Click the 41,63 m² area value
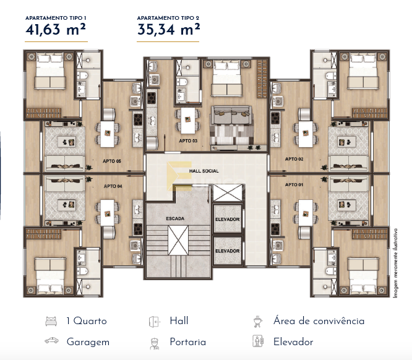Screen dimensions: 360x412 pyautogui.click(x=56, y=29)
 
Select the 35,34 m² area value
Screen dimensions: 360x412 pyautogui.click(x=168, y=29)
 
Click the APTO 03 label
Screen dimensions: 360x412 pyautogui.click(x=188, y=141)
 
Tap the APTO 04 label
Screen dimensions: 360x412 pyautogui.click(x=113, y=186)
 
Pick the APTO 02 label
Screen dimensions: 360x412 pyautogui.click(x=294, y=159)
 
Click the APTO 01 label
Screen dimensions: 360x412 pyautogui.click(x=294, y=185)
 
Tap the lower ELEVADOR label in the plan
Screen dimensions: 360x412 pyautogui.click(x=227, y=251)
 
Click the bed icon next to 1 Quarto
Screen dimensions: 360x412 pyautogui.click(x=51, y=321)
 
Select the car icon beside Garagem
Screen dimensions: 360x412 pyautogui.click(x=51, y=341)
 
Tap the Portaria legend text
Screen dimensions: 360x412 pyautogui.click(x=187, y=341)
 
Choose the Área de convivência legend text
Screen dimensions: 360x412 pyautogui.click(x=319, y=321)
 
